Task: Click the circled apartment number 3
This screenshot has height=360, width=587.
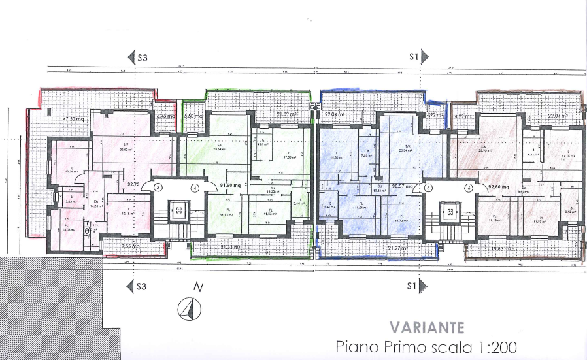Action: pos(158,187)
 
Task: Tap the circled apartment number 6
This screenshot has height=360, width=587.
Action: pos(469,188)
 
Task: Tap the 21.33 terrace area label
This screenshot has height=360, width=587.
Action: pos(230,247)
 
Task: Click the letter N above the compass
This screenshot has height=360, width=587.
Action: pos(195,286)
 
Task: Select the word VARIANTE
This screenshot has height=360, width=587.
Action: pos(428,327)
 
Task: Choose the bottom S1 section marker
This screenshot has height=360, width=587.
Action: pos(416,286)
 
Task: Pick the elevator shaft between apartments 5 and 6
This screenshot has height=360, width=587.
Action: pos(449,212)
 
